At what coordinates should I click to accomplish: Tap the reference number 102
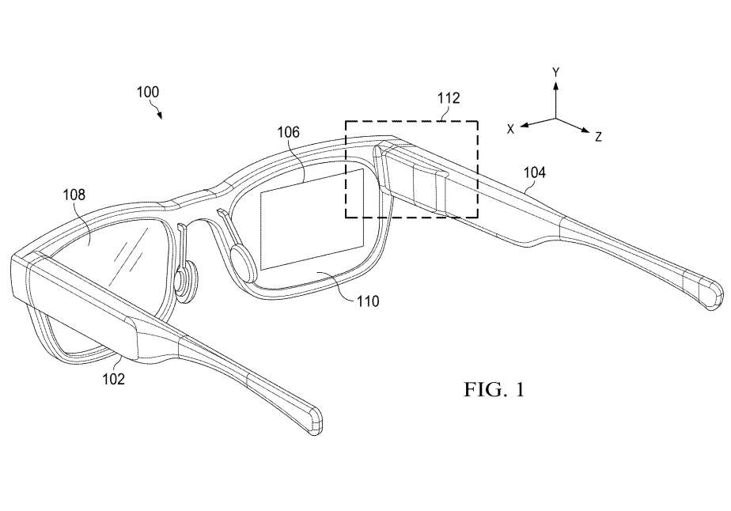click(112, 378)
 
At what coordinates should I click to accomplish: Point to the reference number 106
click(287, 132)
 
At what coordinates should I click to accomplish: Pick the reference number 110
click(367, 301)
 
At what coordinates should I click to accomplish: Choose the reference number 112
click(449, 99)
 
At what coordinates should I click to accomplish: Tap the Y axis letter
click(556, 72)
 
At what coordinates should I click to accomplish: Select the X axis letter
click(511, 127)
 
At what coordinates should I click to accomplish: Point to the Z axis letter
click(598, 137)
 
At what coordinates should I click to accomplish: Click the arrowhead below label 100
click(161, 115)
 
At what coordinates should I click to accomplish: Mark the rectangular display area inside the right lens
click(312, 218)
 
